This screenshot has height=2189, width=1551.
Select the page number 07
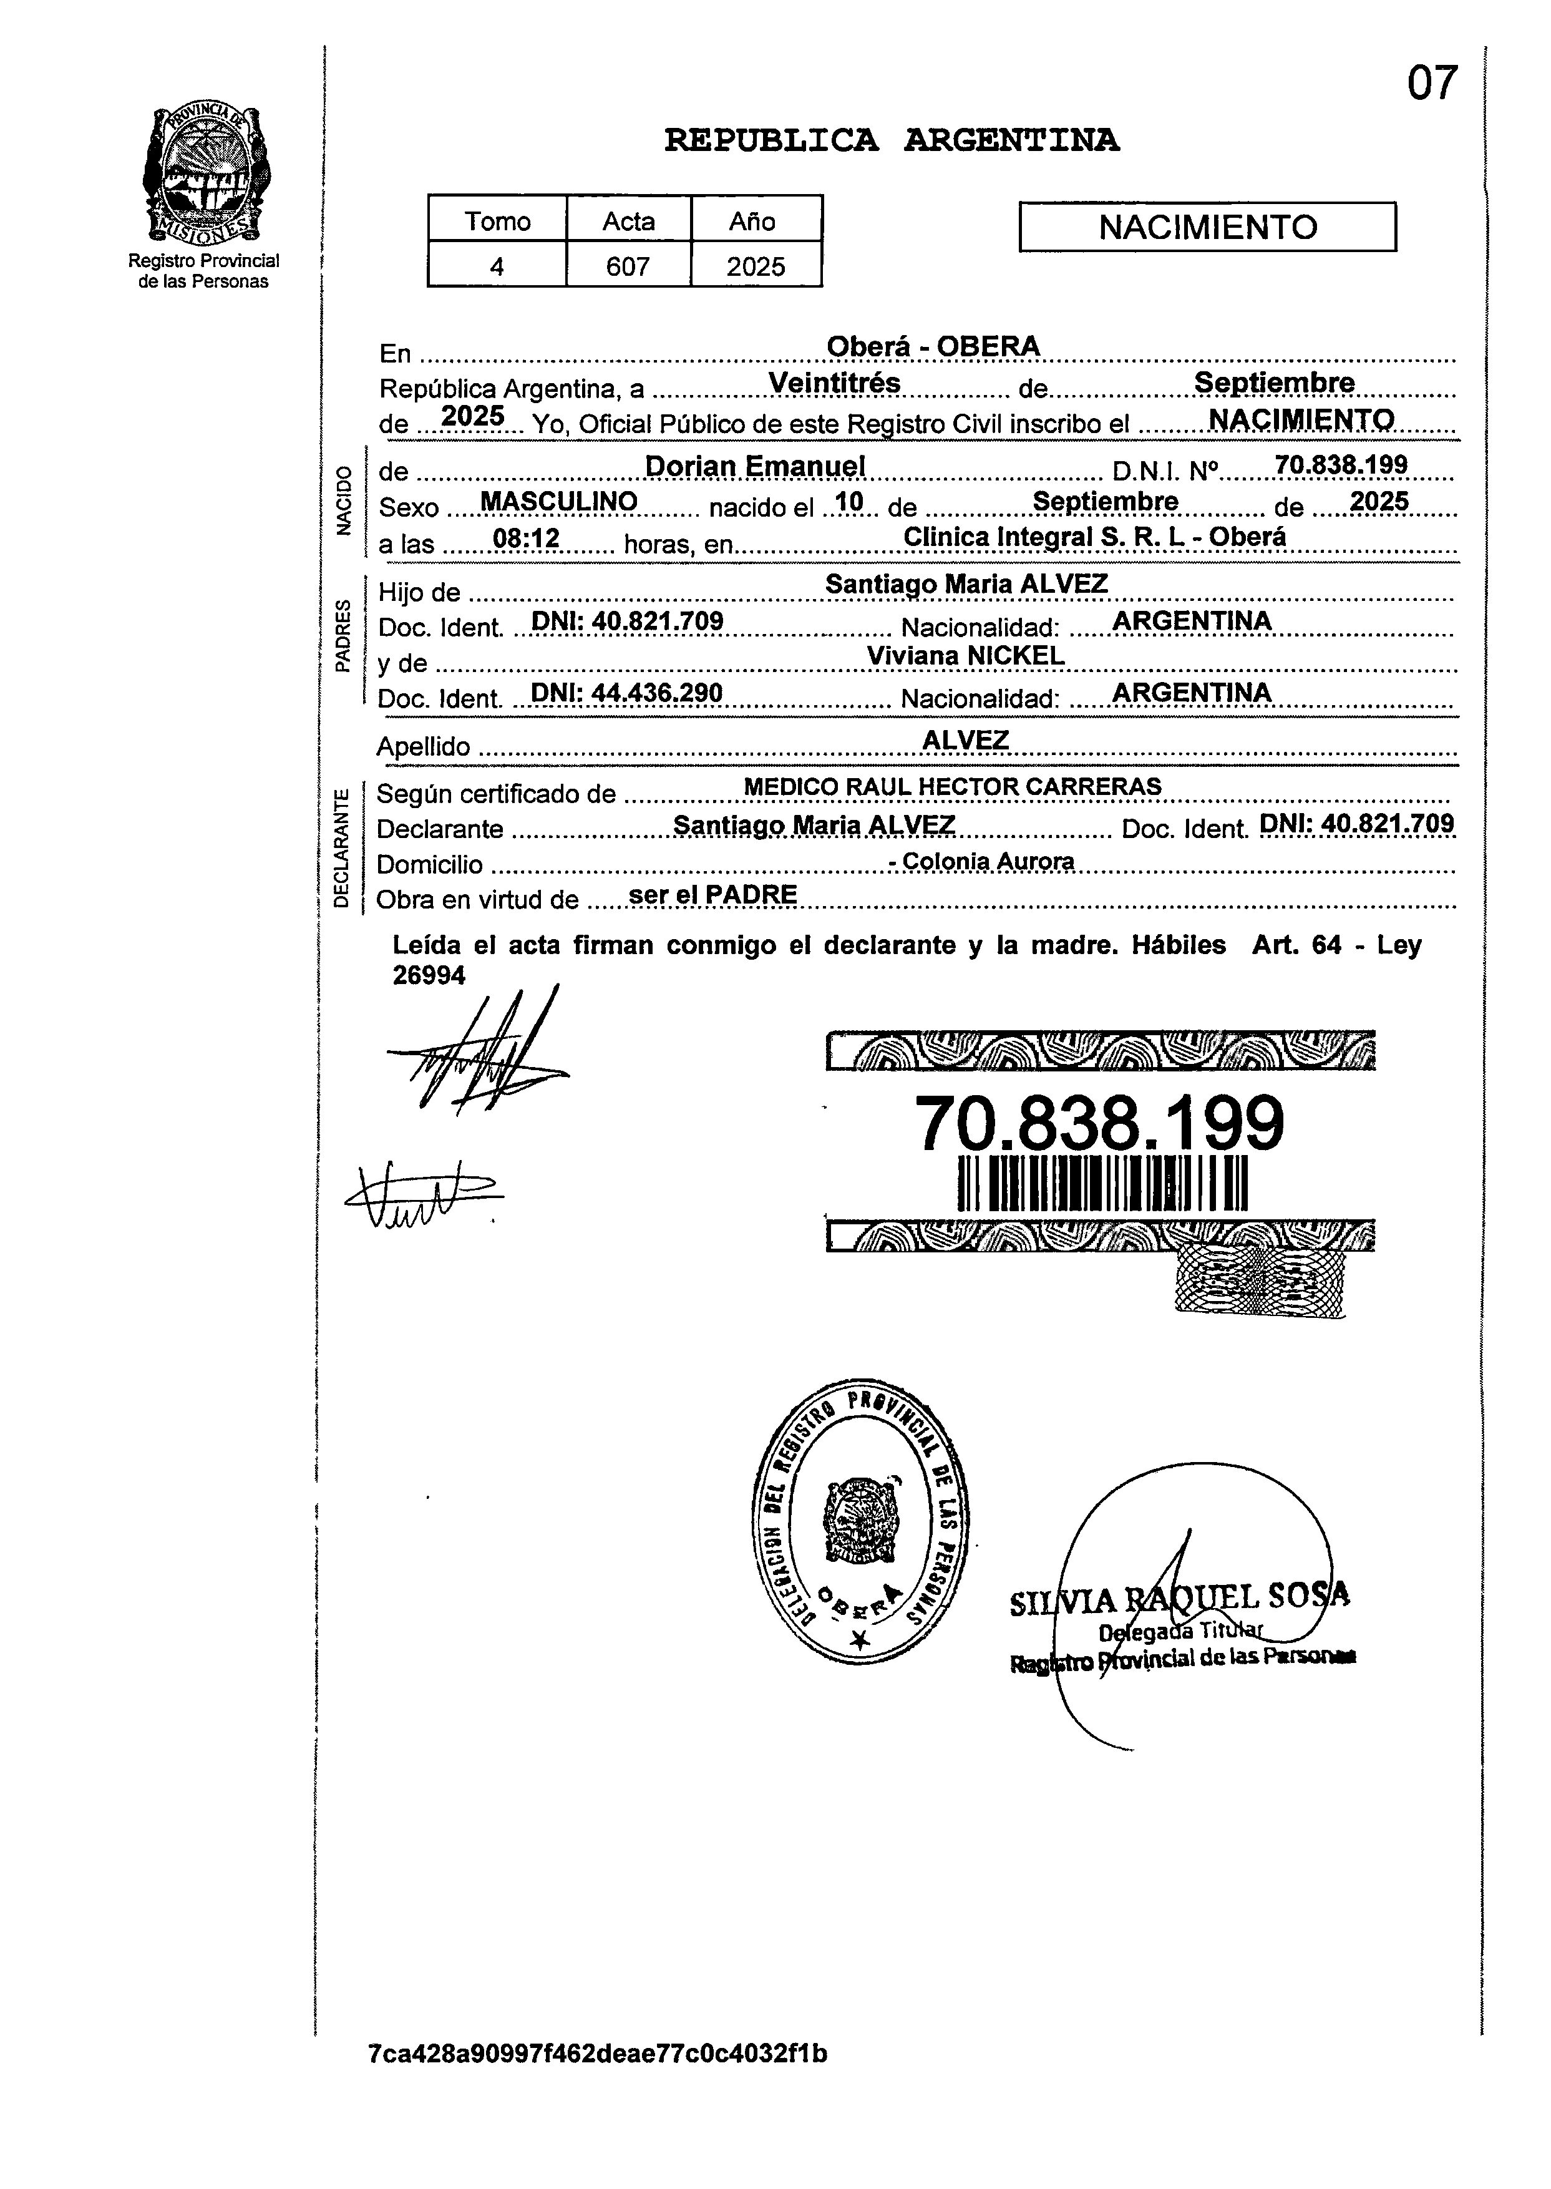(1432, 84)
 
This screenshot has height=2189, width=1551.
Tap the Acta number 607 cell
(628, 265)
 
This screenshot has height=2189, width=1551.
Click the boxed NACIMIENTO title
(1207, 227)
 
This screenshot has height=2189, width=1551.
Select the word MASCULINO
(559, 502)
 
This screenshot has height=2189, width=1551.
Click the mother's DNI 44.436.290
(626, 693)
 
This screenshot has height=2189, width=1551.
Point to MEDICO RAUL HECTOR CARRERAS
(952, 787)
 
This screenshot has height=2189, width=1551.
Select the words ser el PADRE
(712, 895)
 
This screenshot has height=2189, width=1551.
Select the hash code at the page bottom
(598, 2054)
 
